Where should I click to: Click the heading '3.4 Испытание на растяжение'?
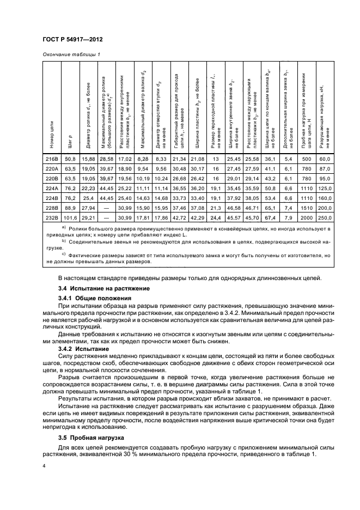96,288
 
